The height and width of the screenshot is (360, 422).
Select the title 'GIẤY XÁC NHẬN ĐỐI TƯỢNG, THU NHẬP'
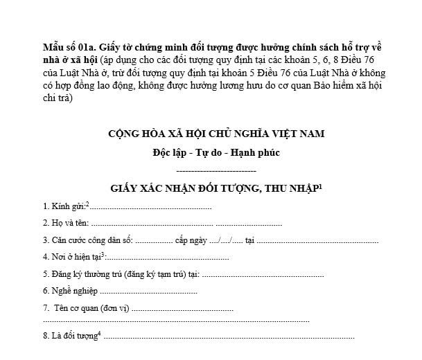click(212, 188)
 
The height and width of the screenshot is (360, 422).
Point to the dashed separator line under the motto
click(216, 170)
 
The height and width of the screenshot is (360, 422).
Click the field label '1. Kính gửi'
click(63, 206)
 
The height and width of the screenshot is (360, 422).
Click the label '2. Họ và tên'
click(65, 224)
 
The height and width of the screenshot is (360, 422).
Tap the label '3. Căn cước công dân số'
click(87, 241)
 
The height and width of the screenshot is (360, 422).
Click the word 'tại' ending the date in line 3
click(250, 241)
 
